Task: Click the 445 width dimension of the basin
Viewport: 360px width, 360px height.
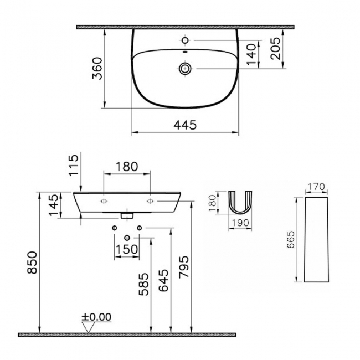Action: coord(185,125)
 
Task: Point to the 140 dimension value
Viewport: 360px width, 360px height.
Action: coord(252,54)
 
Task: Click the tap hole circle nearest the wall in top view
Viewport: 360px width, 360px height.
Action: coord(184,40)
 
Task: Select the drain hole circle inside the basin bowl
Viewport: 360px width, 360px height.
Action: coord(184,68)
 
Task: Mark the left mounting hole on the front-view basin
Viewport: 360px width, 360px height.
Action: coord(104,202)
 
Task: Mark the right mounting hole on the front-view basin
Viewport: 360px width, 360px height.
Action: coord(150,202)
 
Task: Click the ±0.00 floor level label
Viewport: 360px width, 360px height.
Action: coord(96,317)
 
